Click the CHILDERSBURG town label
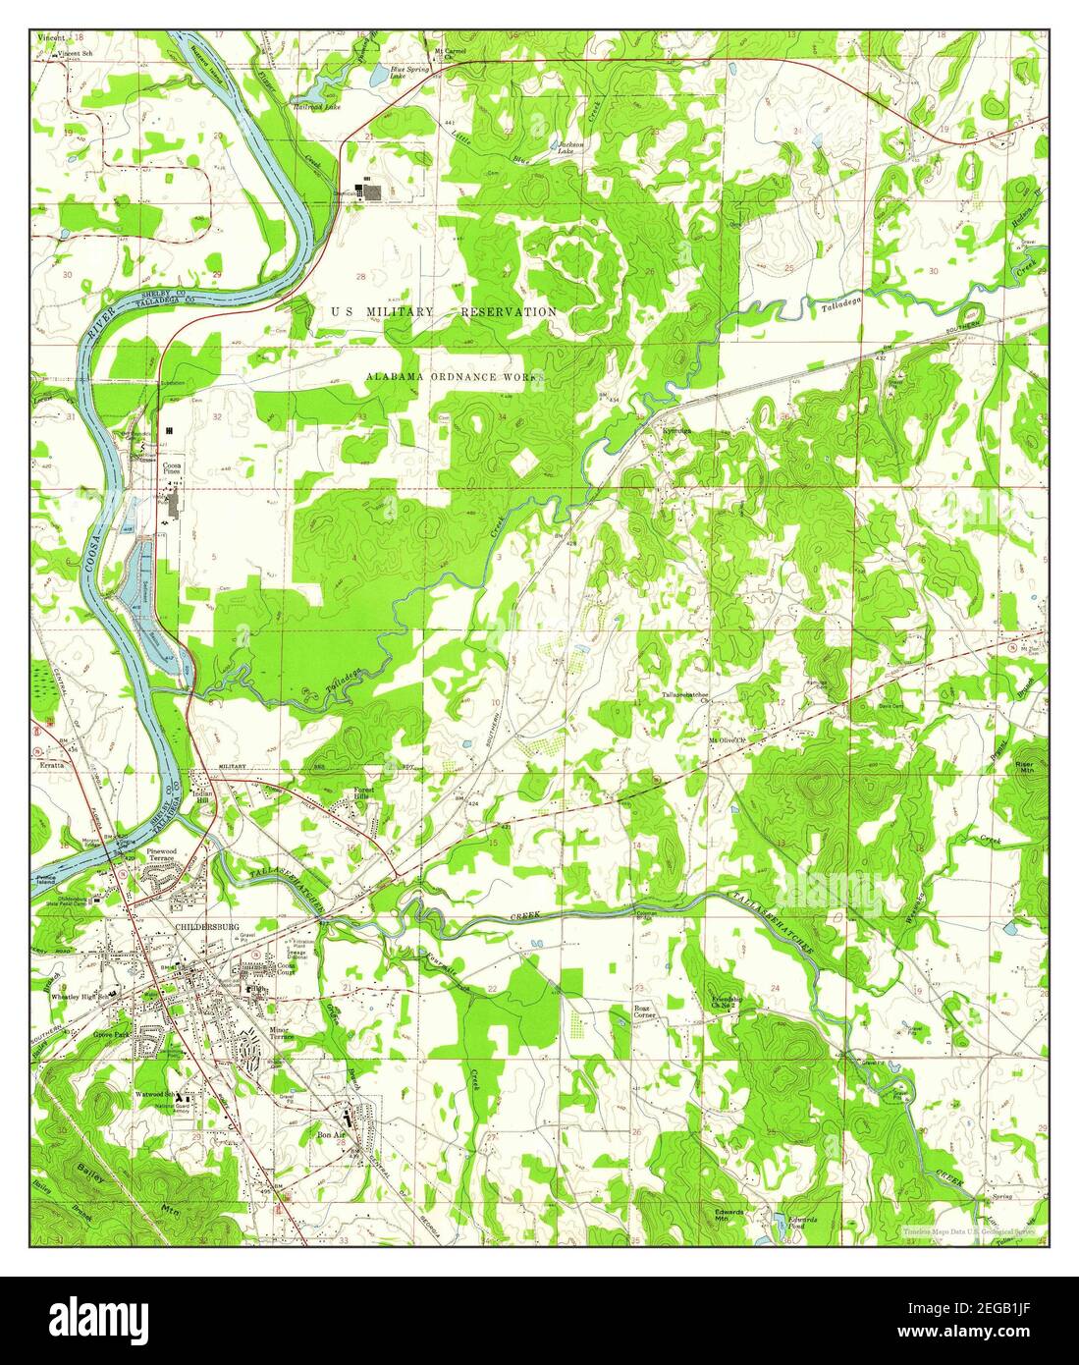click(x=201, y=926)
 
